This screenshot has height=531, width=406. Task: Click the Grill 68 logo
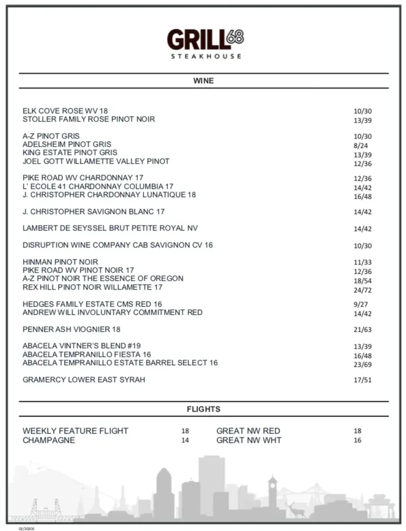point(205,39)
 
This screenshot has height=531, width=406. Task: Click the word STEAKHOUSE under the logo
point(206,56)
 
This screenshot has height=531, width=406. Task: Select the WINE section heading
point(204,80)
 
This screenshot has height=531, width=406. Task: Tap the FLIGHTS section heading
point(204,409)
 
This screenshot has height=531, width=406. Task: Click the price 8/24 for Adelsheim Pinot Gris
point(361,146)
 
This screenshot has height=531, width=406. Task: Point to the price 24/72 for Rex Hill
point(362,290)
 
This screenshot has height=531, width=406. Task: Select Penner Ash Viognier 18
point(71,329)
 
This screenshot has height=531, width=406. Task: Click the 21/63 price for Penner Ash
point(362,330)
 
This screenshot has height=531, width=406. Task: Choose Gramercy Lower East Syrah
point(84,379)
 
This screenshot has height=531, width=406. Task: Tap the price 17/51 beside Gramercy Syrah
point(362,380)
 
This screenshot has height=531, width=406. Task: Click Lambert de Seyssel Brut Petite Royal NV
point(110,228)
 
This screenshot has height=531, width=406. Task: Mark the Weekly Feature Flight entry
point(75,431)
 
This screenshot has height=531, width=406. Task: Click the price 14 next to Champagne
point(185,440)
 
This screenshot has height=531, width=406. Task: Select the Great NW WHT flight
point(249,440)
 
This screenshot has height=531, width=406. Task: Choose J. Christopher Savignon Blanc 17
point(94,211)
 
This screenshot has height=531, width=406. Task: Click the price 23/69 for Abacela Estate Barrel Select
point(362,364)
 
